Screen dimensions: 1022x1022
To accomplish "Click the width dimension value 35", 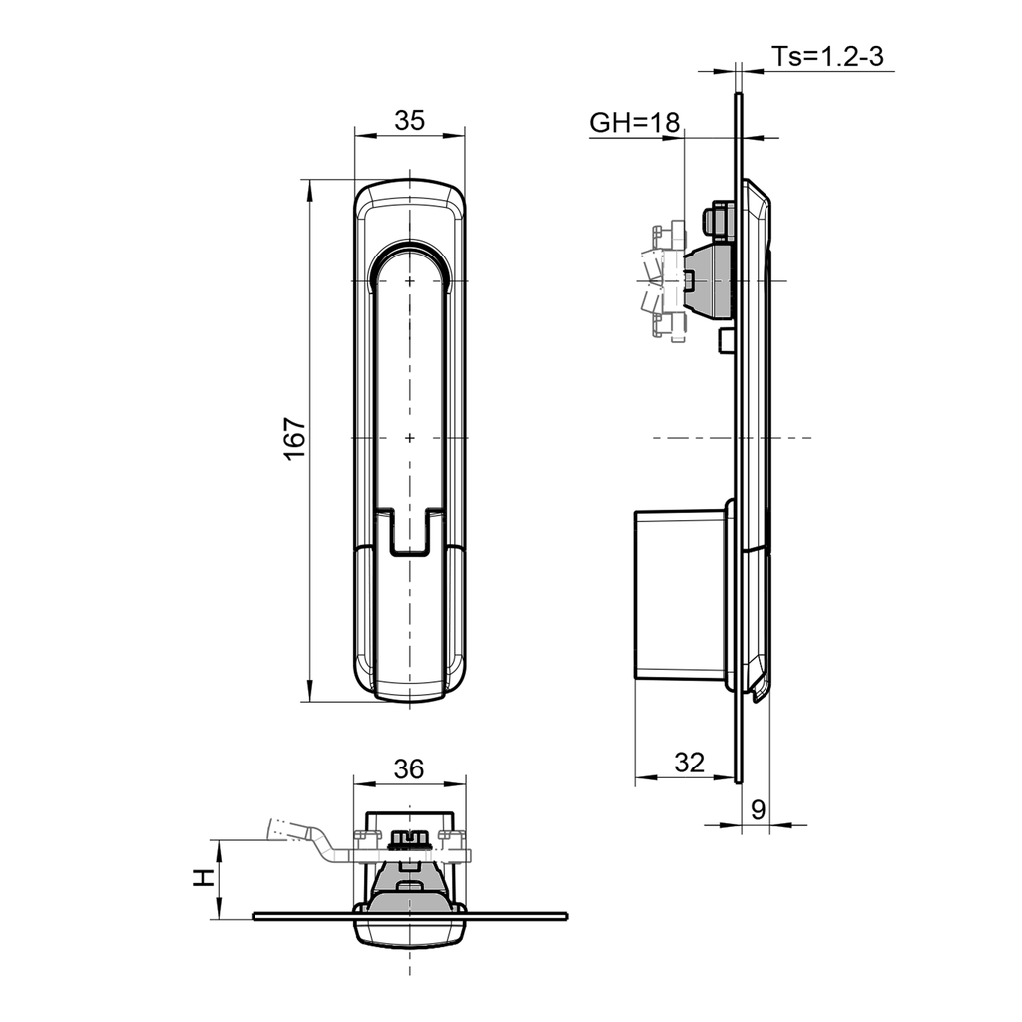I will click(x=409, y=121).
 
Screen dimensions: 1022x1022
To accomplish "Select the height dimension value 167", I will click(x=294, y=439).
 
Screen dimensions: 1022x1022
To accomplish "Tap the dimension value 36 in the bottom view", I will click(x=409, y=769).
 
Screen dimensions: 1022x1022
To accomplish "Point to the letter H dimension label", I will click(x=203, y=878).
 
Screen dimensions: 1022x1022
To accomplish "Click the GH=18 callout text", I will click(x=634, y=123).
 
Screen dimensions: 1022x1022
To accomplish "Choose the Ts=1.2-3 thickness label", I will click(x=827, y=57).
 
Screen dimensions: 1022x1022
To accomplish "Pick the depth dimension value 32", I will click(x=689, y=764).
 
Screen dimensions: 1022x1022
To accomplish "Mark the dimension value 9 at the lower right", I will click(x=758, y=810).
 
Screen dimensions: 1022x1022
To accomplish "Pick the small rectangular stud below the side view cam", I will click(x=727, y=342).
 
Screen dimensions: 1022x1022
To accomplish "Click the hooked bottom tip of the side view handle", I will click(x=760, y=691).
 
